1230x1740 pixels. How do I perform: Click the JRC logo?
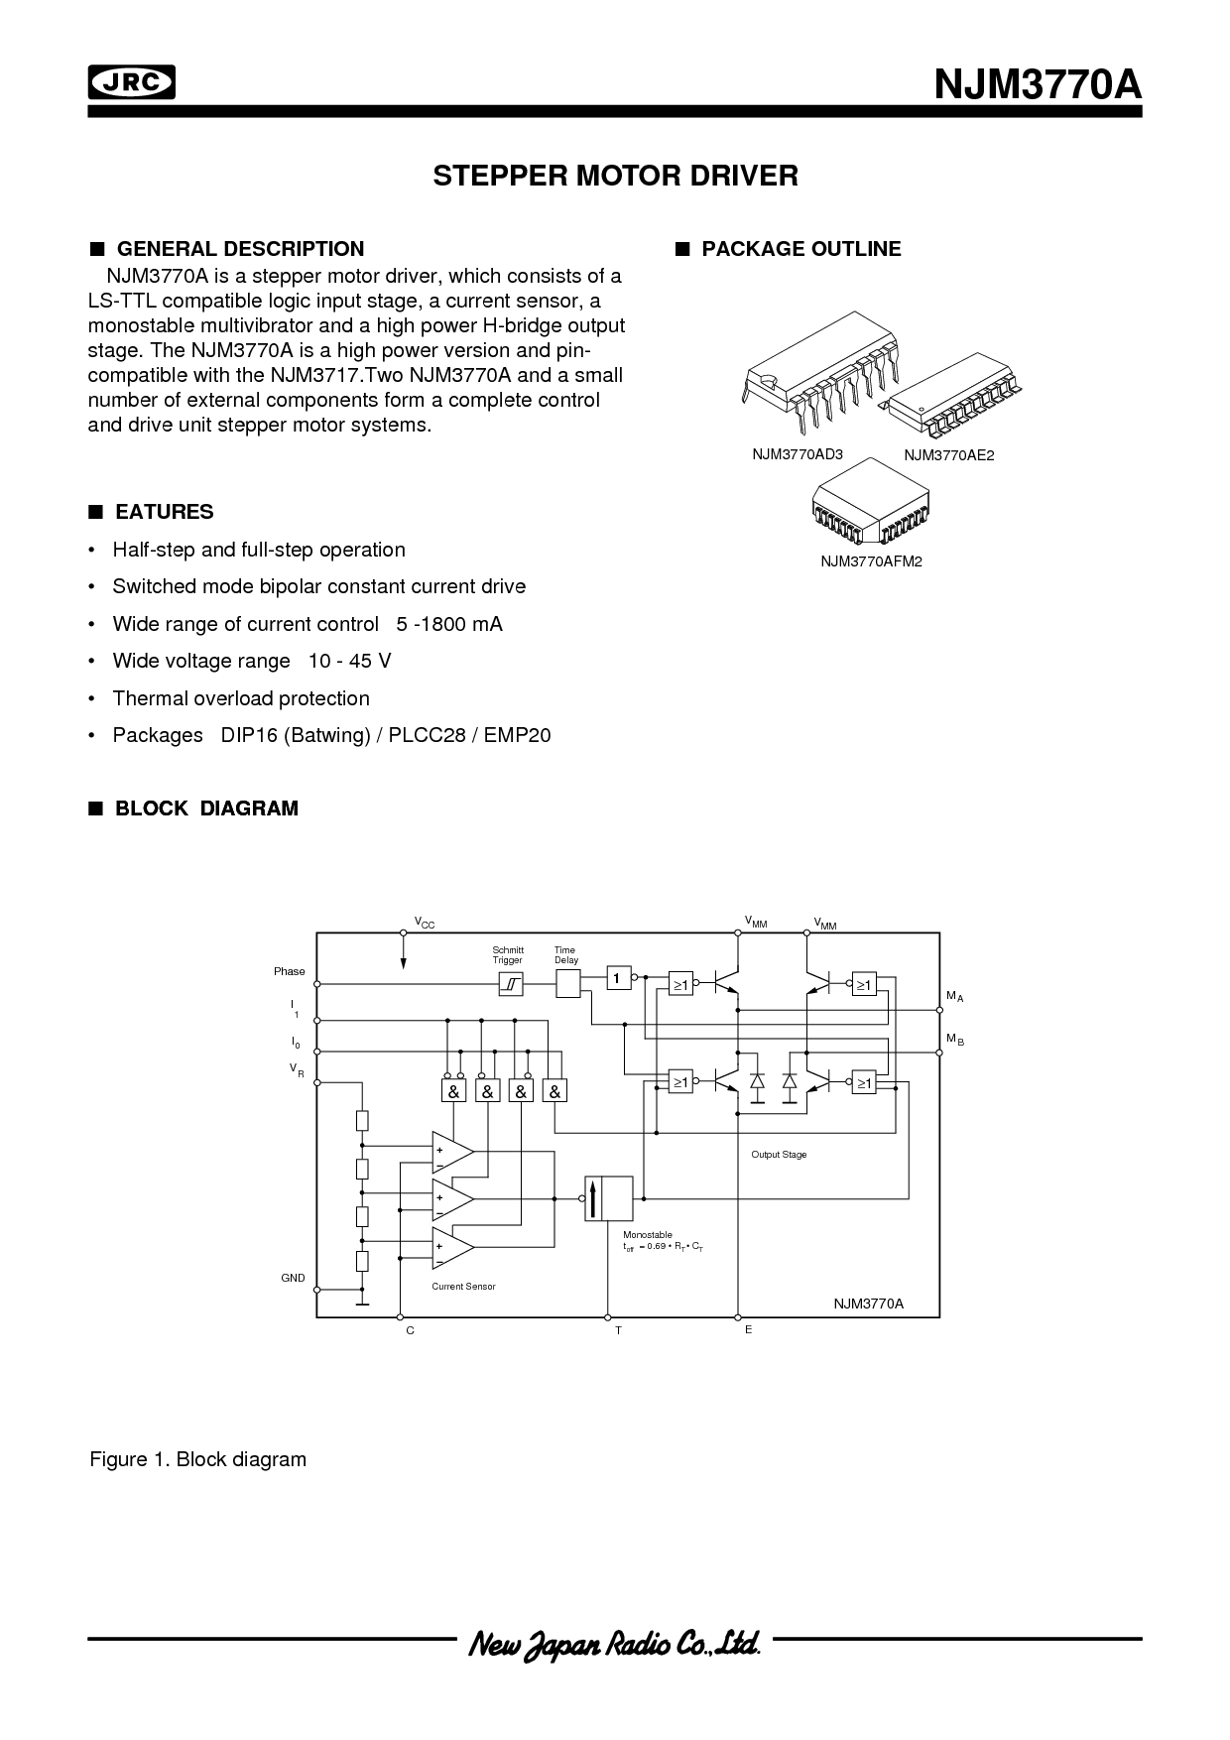(131, 82)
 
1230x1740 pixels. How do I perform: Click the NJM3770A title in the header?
(1038, 85)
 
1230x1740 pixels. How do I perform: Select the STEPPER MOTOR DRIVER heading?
(615, 177)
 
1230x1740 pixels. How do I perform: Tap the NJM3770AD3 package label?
(797, 454)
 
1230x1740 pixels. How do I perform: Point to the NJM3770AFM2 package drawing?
(870, 503)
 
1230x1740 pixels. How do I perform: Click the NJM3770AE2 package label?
(948, 455)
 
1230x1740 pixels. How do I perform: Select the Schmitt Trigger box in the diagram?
(510, 984)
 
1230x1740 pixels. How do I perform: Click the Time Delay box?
(568, 984)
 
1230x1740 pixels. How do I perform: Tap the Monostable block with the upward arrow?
(608, 1198)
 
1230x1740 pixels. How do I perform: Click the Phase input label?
(290, 971)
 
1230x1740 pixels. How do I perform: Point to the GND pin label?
(293, 1278)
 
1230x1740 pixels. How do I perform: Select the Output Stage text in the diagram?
(779, 1155)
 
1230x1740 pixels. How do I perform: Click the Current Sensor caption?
(463, 1287)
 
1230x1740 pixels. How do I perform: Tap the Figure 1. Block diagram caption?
(198, 1459)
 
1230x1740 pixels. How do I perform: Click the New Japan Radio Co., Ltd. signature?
(614, 1644)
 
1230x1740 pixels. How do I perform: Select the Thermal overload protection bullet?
(241, 698)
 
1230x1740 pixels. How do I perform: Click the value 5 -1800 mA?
(449, 624)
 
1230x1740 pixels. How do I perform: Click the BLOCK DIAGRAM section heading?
(206, 808)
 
